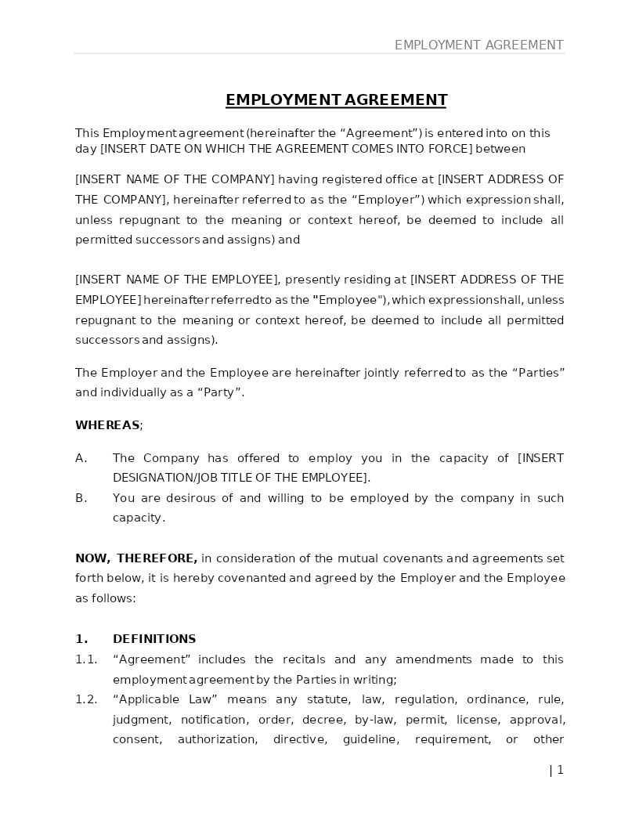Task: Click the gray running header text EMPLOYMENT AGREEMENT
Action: click(x=478, y=45)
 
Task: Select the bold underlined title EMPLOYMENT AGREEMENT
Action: click(x=336, y=99)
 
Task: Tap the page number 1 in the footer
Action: click(x=560, y=770)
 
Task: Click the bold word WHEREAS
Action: click(x=107, y=425)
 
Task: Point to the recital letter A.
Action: click(x=81, y=458)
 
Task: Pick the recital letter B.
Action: click(x=81, y=498)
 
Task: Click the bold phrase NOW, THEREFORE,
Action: click(x=136, y=558)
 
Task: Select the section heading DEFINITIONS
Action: click(x=154, y=639)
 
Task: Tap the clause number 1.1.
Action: click(x=86, y=659)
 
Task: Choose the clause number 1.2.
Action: click(x=86, y=699)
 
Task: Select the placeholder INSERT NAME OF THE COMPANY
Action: click(x=175, y=179)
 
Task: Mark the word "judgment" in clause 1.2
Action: click(x=140, y=720)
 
